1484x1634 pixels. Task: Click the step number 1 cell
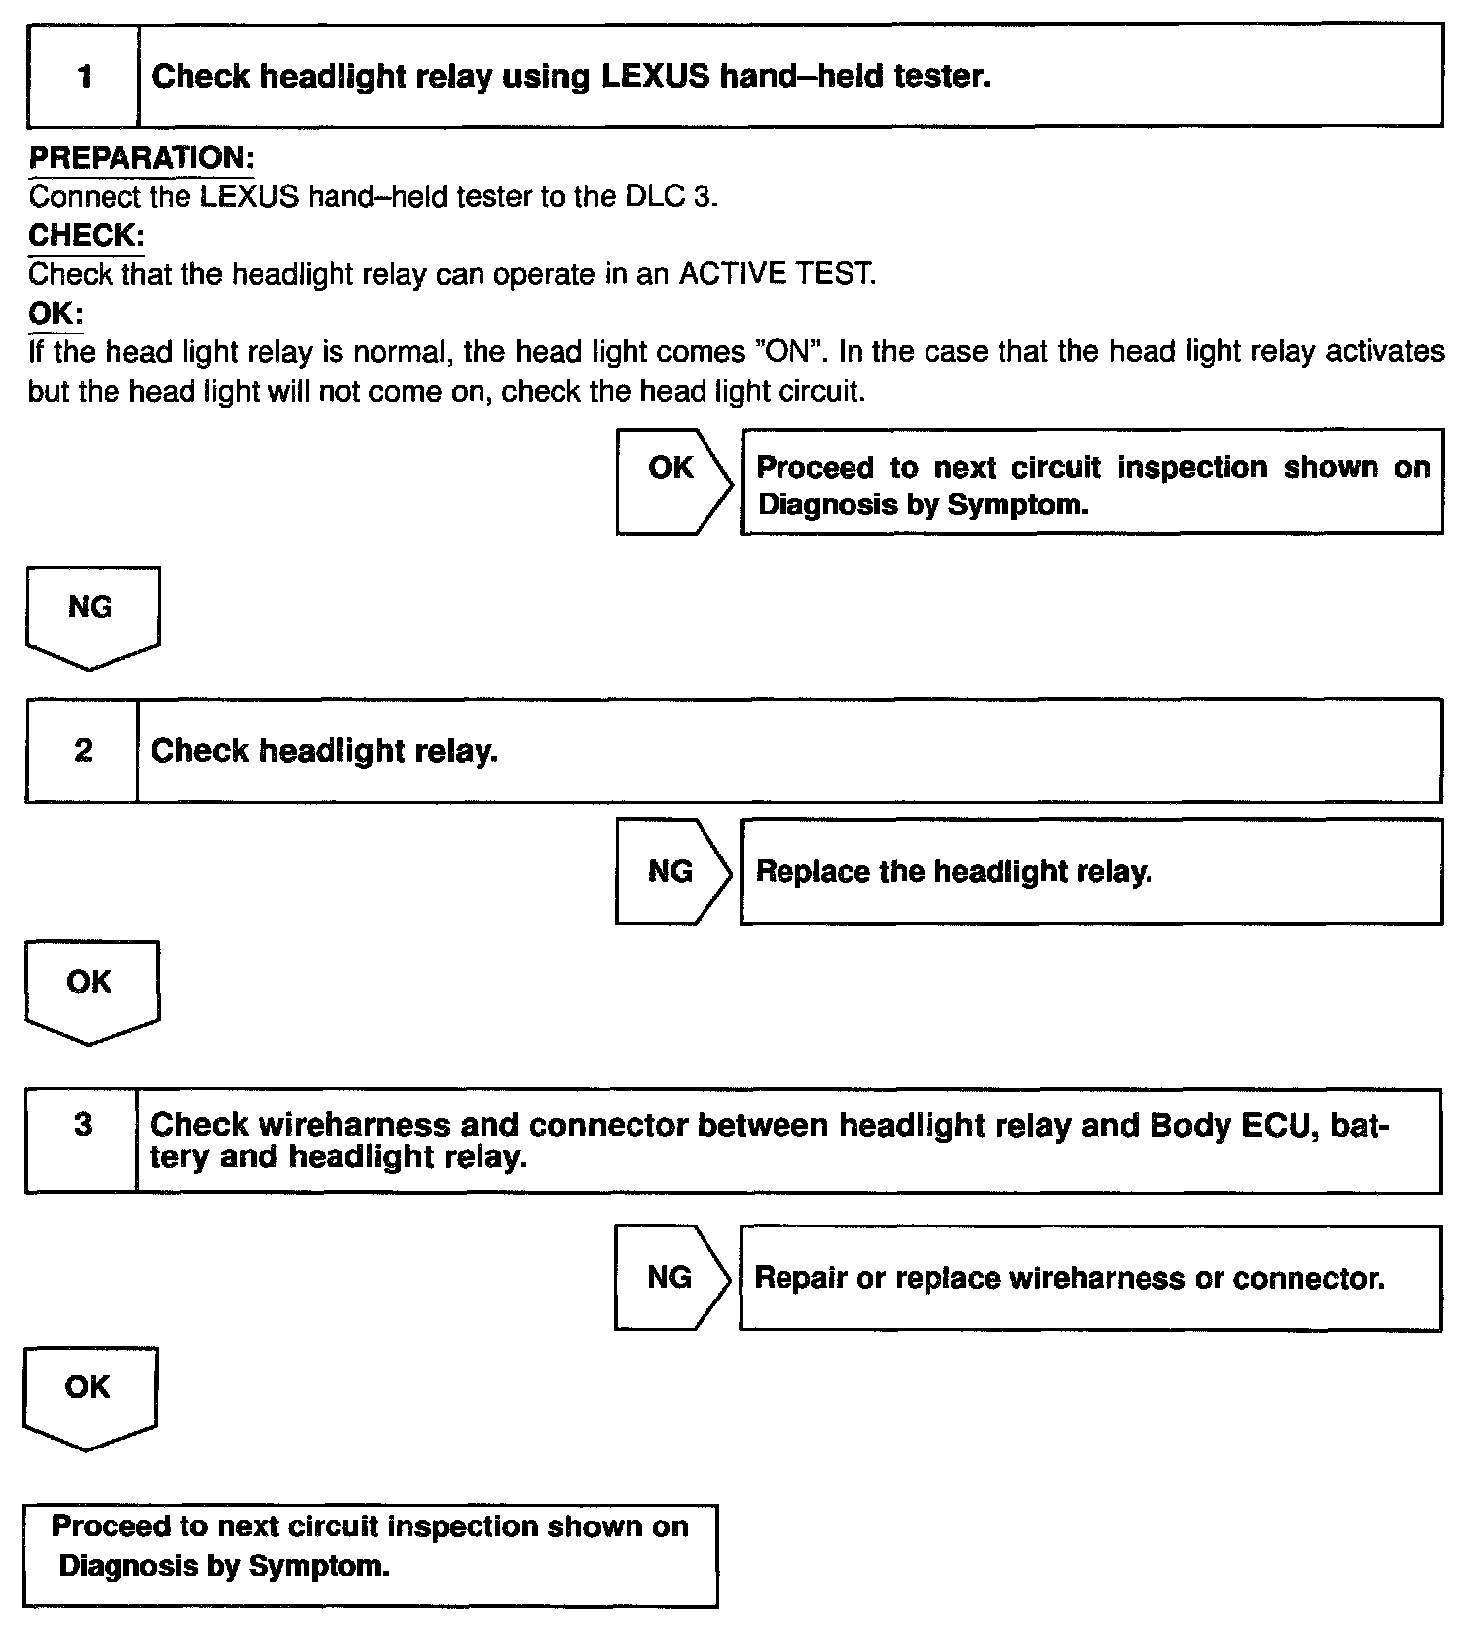(x=83, y=76)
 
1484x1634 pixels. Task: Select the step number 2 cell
(x=82, y=751)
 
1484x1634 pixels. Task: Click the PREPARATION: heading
(x=141, y=157)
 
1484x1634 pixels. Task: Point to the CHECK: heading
(x=86, y=235)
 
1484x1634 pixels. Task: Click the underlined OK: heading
(x=55, y=314)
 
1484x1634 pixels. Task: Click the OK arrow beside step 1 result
(x=673, y=481)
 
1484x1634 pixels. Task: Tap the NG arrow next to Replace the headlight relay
(x=672, y=871)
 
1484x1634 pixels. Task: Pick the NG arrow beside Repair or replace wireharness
(x=671, y=1278)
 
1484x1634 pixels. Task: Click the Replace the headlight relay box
(x=1090, y=872)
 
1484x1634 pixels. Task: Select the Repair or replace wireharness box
(x=1089, y=1279)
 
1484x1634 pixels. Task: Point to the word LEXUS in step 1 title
(x=654, y=76)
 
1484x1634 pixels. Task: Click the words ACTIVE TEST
(x=776, y=274)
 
